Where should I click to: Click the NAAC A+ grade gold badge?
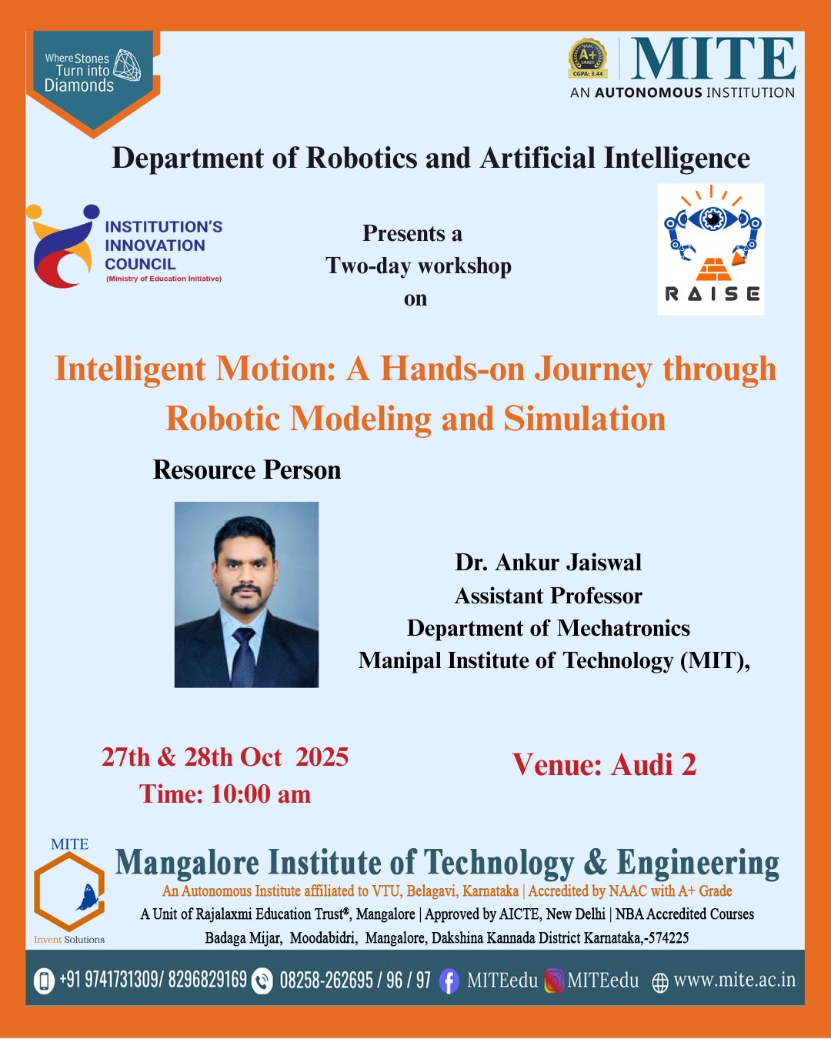pos(587,58)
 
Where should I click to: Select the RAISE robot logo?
pos(711,249)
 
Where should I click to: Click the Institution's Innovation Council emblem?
pos(63,246)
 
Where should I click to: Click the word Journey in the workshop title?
pos(592,370)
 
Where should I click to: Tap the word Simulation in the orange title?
pos(585,419)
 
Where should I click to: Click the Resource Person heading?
pos(247,469)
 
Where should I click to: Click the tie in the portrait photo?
pos(245,656)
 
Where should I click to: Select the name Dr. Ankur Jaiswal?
pos(548,563)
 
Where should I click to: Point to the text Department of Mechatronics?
pos(549,628)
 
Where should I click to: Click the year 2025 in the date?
pos(322,757)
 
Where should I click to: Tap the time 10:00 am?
pos(261,795)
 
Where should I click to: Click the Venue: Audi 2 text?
pos(605,765)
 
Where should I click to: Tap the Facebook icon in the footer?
pos(449,982)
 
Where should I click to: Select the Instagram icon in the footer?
pos(554,981)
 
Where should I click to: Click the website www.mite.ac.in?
pos(734,981)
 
